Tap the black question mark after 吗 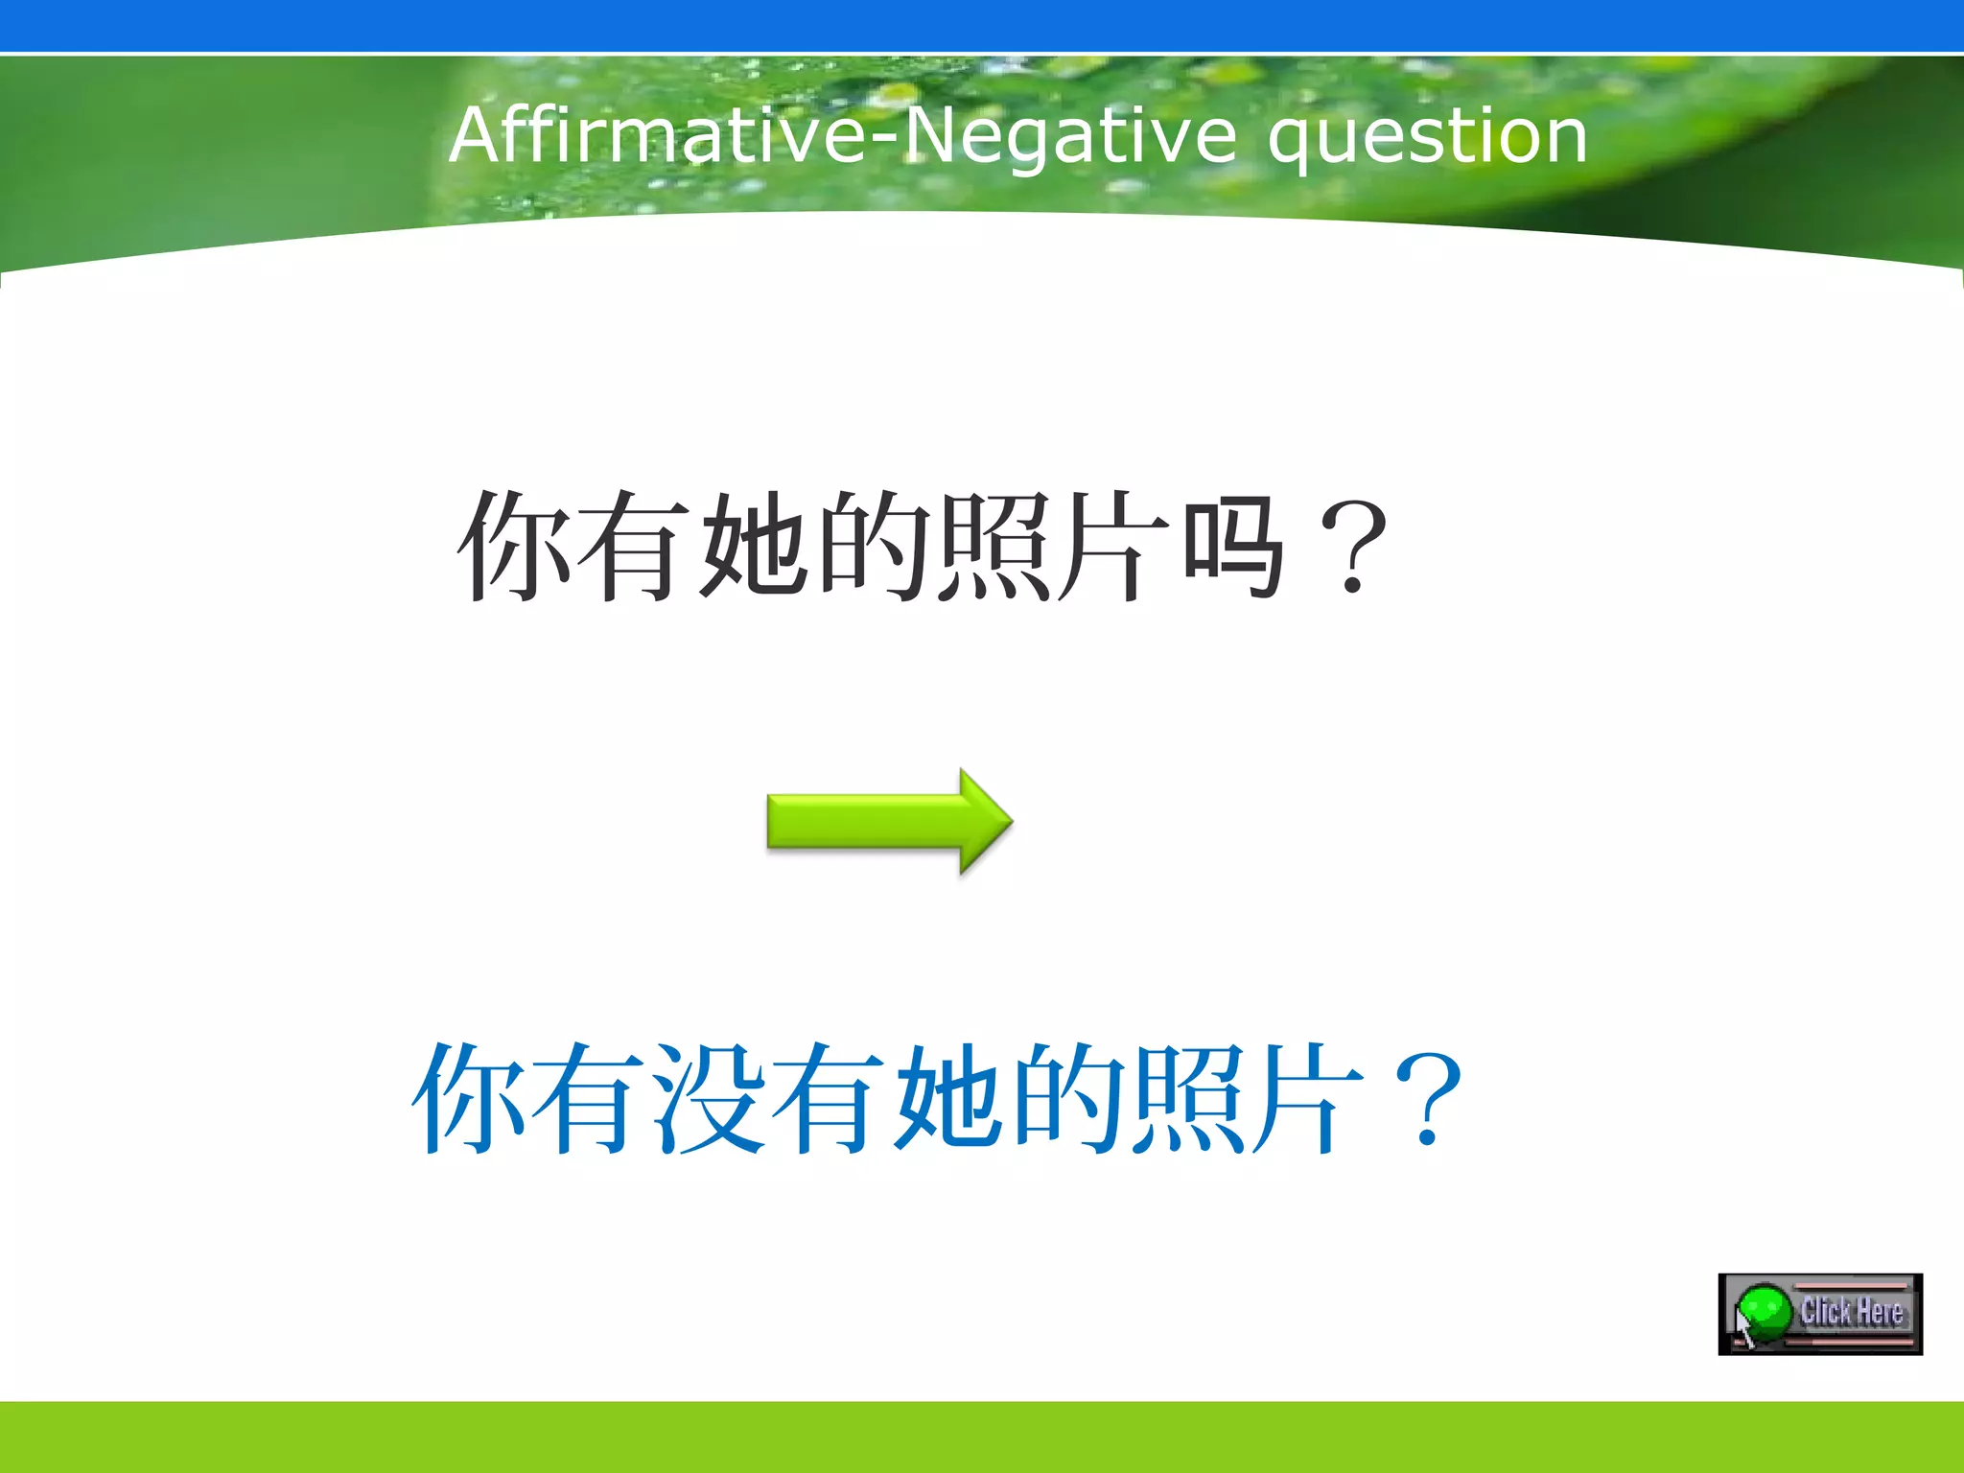(x=1353, y=548)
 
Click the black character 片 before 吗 (x=1113, y=546)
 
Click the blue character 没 (x=711, y=1099)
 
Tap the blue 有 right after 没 (x=830, y=1099)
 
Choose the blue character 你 (x=469, y=1099)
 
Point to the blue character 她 (x=950, y=1099)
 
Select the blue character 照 (x=1190, y=1099)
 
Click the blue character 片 (x=1310, y=1099)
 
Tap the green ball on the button (x=1765, y=1312)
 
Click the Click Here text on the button (x=1851, y=1311)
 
